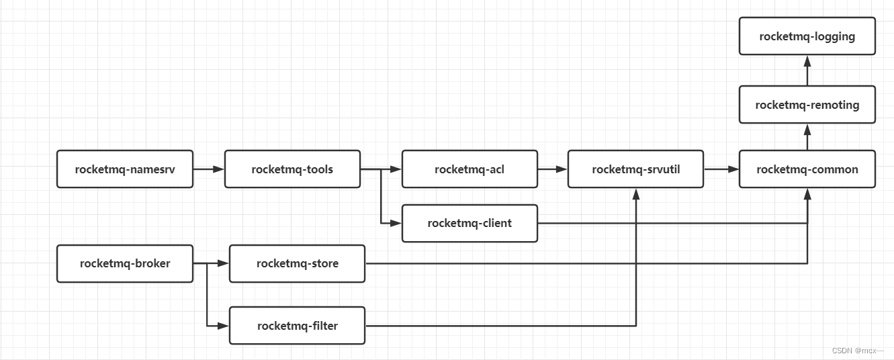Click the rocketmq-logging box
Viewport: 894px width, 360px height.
coord(807,36)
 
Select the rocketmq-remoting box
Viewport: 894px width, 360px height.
coord(807,105)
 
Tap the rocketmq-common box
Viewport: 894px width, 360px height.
coord(807,169)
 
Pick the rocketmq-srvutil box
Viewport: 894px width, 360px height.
coord(635,169)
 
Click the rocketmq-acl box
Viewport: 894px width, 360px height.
coord(470,169)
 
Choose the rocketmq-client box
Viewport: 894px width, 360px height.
coord(470,223)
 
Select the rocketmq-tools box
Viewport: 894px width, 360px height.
coord(292,169)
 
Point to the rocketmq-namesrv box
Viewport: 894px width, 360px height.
coord(125,169)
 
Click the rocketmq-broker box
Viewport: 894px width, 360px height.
coord(125,263)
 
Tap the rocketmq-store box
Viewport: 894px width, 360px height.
coord(297,263)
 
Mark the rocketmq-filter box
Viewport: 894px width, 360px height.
coord(297,326)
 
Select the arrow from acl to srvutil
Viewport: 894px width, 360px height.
coord(552,169)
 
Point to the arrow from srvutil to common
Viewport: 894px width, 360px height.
coord(721,169)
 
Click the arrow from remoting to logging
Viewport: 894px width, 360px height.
coord(807,70)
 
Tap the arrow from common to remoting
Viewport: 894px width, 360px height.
coord(807,137)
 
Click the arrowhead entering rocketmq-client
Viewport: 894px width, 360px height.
coord(396,223)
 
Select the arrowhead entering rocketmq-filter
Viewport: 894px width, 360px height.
coord(224,326)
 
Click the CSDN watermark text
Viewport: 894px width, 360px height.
coord(857,351)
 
